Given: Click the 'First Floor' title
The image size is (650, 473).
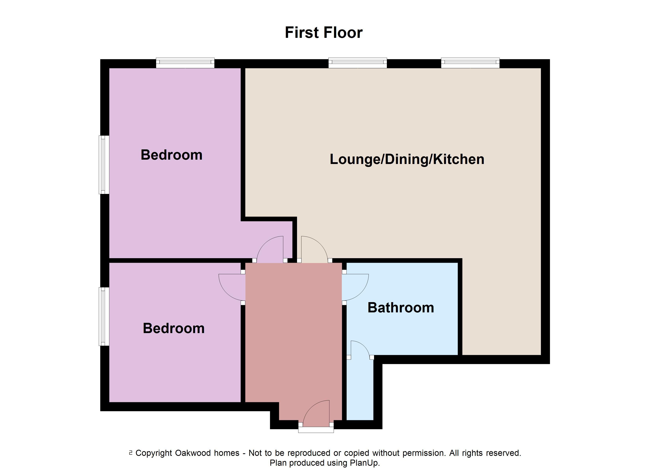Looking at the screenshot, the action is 324,32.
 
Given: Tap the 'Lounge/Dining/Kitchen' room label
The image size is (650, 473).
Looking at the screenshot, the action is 407,159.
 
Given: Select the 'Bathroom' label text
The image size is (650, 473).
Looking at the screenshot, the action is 401,308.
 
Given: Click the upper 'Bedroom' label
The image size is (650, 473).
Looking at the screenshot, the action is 171,155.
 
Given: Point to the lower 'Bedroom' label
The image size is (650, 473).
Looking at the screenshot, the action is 174,328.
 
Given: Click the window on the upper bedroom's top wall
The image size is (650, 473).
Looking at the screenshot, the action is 185,63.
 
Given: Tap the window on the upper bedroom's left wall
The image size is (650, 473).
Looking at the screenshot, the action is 104,165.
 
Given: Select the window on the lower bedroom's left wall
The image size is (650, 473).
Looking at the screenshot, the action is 104,316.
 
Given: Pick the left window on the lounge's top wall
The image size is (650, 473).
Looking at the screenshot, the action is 358,63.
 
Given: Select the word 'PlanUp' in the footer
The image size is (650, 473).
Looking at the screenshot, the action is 364,463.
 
